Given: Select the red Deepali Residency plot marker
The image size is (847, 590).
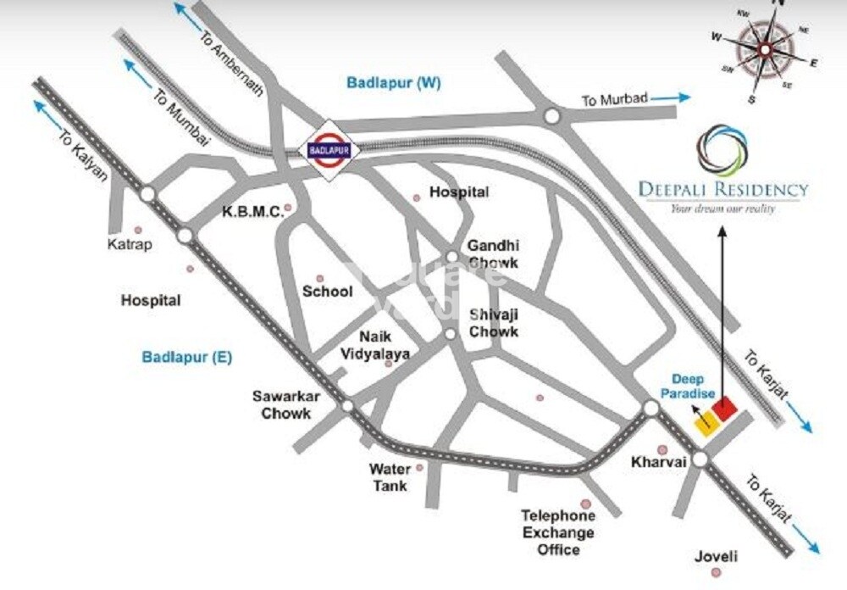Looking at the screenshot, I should click(723, 411).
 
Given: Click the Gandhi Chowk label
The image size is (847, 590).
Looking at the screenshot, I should click(494, 253).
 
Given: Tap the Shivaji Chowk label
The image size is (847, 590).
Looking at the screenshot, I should click(494, 322).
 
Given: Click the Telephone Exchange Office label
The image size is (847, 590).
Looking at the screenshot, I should click(557, 532).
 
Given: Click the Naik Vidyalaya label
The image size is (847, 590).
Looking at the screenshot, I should click(374, 345).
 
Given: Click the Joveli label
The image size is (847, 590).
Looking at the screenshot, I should click(716, 557).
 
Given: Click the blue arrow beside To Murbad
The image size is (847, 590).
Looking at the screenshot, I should click(671, 98).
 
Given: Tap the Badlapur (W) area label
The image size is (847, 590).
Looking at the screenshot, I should click(394, 82).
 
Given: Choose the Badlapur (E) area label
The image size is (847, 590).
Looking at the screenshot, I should click(187, 357).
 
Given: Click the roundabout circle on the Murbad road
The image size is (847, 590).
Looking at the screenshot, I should click(552, 115).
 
